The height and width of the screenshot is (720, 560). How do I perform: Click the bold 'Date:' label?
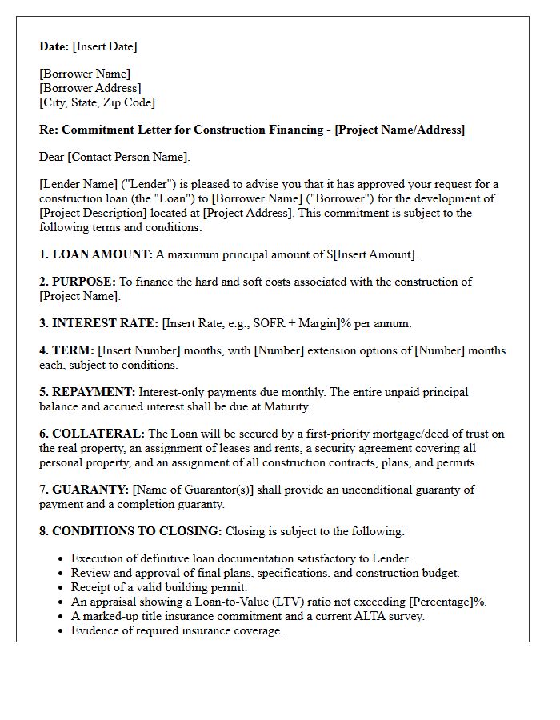[54, 46]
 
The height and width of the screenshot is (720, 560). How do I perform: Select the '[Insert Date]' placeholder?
[105, 46]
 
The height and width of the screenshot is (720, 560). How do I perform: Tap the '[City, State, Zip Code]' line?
[97, 102]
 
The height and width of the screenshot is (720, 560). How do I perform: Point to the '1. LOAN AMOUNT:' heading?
[95, 254]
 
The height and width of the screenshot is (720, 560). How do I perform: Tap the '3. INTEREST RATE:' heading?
[98, 323]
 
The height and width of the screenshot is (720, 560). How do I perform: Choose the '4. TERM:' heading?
[66, 350]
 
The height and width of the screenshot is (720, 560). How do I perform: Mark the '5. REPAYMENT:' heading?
[87, 392]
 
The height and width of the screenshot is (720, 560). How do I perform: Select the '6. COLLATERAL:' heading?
[92, 434]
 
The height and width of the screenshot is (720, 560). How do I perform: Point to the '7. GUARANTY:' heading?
[84, 490]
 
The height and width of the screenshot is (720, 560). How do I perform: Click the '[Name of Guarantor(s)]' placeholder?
[193, 490]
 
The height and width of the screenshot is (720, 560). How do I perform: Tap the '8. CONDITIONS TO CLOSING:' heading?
[130, 531]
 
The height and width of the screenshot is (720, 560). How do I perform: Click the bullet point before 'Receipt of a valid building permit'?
[61, 588]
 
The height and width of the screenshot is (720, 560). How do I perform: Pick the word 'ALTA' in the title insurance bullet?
[356, 616]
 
